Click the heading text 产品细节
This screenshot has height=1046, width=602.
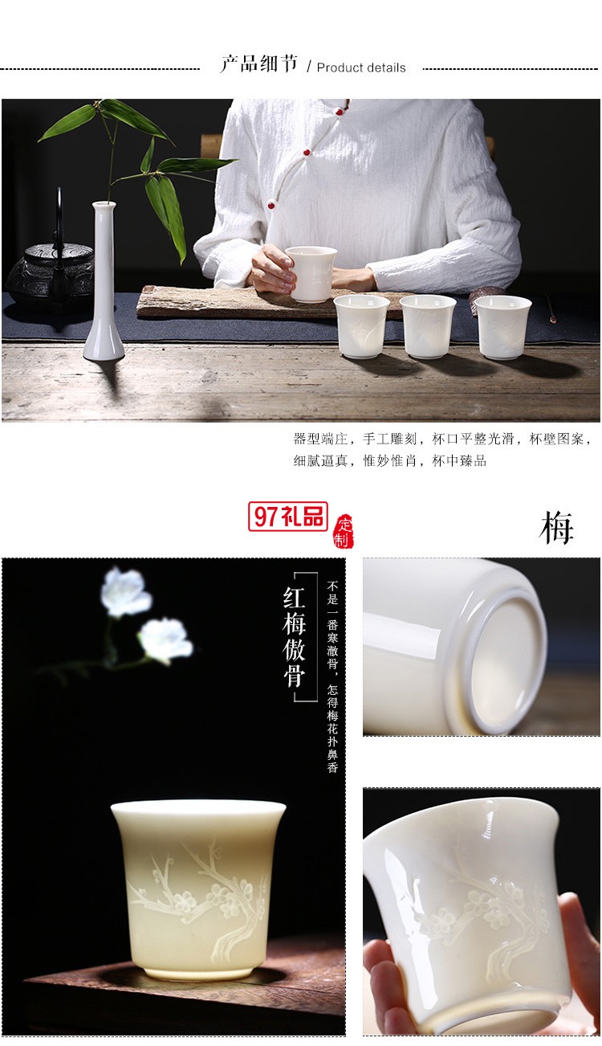258,65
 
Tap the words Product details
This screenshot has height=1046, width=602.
361,68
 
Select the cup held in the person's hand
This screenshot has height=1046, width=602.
311,273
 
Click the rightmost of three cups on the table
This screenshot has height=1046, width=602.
504,326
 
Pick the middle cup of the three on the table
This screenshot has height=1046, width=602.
428,326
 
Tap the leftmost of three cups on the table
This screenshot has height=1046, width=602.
361,325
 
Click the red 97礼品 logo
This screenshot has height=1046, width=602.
288,517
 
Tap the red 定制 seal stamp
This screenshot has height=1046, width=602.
343,531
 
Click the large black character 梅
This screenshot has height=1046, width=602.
556,529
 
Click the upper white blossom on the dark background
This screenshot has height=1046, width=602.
126,592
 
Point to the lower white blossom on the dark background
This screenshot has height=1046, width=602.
165,640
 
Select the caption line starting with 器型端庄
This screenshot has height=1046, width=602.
442,439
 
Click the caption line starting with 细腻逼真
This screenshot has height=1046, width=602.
389,461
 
